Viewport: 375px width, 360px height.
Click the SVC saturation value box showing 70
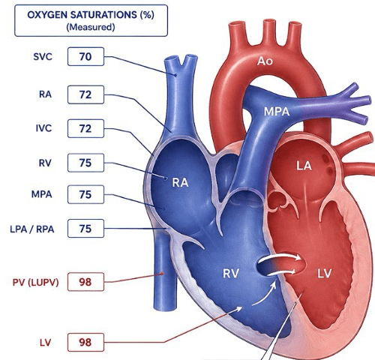pyautogui.click(x=85, y=56)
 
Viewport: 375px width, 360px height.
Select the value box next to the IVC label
pyautogui.click(x=85, y=128)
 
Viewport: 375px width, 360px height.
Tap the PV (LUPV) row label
pyautogui.click(x=35, y=282)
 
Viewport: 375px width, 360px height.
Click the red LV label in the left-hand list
pyautogui.click(x=45, y=342)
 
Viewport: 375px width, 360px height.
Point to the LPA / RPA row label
pyautogui.click(x=32, y=229)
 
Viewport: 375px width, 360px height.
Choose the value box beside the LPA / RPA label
pyautogui.click(x=85, y=229)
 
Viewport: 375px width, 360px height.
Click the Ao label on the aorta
pyautogui.click(x=265, y=61)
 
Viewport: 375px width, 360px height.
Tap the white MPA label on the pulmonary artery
pyautogui.click(x=277, y=112)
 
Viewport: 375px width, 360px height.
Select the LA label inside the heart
pyautogui.click(x=304, y=166)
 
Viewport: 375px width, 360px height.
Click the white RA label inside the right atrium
pyautogui.click(x=180, y=182)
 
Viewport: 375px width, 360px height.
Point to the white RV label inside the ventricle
pyautogui.click(x=231, y=274)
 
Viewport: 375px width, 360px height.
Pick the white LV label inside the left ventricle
pyautogui.click(x=325, y=274)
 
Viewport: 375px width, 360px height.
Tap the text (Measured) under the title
pyautogui.click(x=91, y=27)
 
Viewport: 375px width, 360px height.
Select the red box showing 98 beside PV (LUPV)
pyautogui.click(x=85, y=282)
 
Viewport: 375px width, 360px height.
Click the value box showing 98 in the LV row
pyautogui.click(x=85, y=342)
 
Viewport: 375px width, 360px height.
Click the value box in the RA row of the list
pyautogui.click(x=85, y=94)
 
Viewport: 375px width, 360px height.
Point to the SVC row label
pyautogui.click(x=43, y=56)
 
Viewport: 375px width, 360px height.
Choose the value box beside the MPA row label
pyautogui.click(x=85, y=194)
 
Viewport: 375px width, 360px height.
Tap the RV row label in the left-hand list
pyautogui.click(x=45, y=163)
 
